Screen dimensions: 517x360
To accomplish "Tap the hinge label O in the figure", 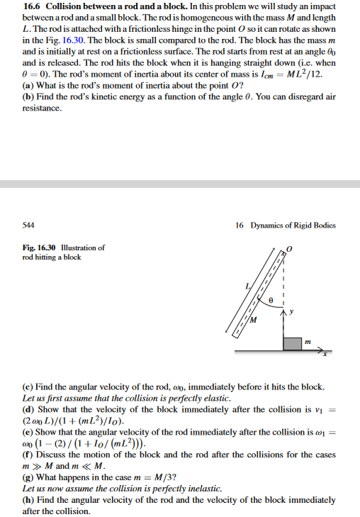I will (289, 250).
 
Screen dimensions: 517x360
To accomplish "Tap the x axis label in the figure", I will (327, 357).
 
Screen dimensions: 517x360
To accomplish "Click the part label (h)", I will (28, 500).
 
